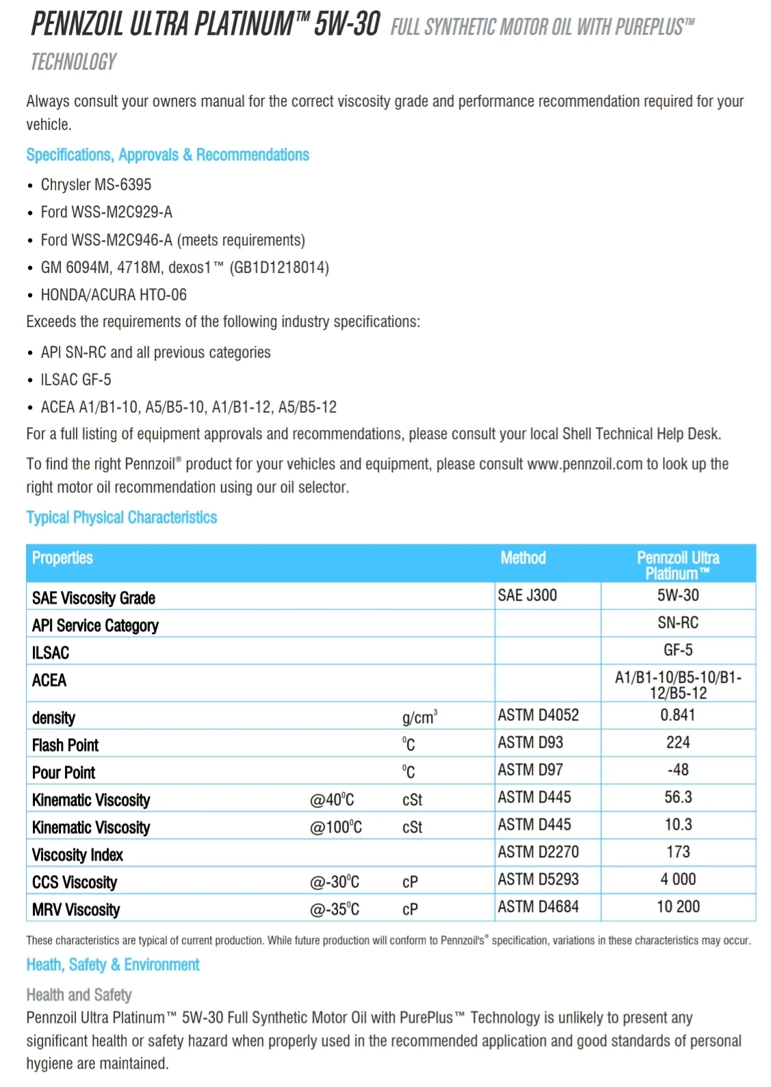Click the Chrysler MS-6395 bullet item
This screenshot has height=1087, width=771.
[96, 185]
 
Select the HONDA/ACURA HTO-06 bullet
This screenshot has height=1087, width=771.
[114, 295]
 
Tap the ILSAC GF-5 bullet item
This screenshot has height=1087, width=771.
[76, 380]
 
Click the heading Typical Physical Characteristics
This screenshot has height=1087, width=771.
[121, 517]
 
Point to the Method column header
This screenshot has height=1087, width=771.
[523, 558]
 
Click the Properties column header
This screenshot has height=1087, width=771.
[62, 558]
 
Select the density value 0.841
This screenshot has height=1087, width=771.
[677, 715]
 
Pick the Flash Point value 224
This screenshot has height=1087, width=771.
[678, 742]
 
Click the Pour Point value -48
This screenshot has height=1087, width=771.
[678, 770]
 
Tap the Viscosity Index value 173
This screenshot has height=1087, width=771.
[678, 852]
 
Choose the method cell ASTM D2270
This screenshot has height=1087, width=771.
[538, 852]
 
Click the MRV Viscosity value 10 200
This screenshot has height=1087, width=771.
[678, 906]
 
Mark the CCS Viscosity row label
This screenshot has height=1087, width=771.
[75, 882]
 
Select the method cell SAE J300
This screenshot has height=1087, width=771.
[527, 595]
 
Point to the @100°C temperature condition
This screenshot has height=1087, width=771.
[336, 828]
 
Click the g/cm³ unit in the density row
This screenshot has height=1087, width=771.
[419, 718]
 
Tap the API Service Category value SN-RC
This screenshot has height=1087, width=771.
[678, 623]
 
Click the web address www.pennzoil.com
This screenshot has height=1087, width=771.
[585, 464]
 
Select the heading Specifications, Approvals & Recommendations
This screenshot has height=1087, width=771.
[168, 155]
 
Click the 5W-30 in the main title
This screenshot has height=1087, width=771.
[347, 25]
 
